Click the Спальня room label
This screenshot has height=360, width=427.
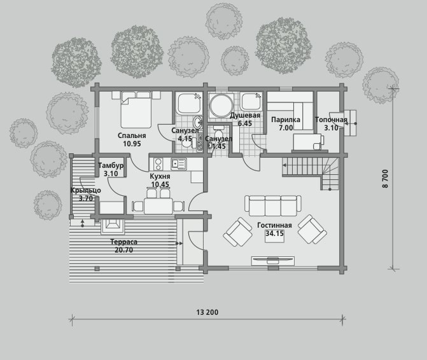coord(132,135)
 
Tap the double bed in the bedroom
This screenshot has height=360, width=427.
coord(136,109)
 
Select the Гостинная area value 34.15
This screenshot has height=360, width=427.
coord(274,233)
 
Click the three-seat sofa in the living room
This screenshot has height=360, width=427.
coord(273,205)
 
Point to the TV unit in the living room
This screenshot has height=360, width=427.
coord(272,261)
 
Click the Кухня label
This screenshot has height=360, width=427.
coord(160,176)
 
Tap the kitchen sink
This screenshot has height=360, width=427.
coord(179,164)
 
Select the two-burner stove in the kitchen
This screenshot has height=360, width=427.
coord(158,164)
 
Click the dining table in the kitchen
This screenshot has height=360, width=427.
coord(158,206)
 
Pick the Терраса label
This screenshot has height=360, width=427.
coord(123,242)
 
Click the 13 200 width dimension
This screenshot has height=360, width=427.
coord(207,312)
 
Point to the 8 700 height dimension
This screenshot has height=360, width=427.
coord(385,179)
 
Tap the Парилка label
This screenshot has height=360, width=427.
coord(286,120)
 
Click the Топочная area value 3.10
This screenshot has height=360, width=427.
coord(331,128)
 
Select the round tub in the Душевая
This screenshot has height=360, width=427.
coord(221,106)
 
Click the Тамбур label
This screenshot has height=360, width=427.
coord(111,165)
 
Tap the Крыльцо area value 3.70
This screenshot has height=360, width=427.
coord(86,198)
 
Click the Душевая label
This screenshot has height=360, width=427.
coord(245,115)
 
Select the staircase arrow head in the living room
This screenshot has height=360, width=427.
coord(284,165)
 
